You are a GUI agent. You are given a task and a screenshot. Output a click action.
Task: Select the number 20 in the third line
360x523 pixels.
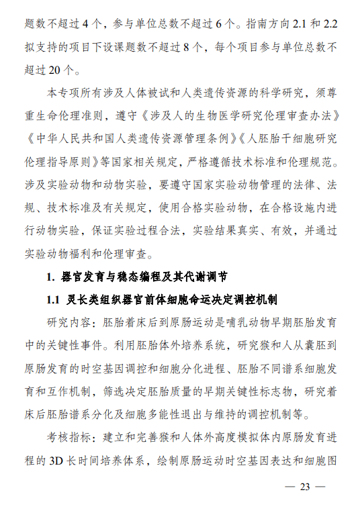coord(58,69)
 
